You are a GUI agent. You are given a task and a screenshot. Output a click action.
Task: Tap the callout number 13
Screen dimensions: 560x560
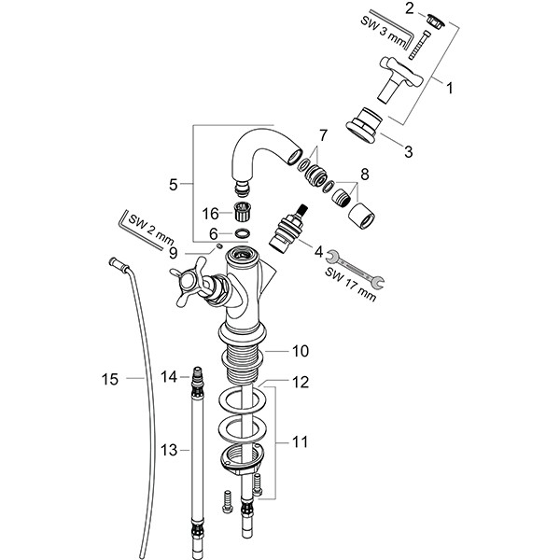tap(168, 451)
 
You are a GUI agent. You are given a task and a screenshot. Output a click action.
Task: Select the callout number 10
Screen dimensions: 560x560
tap(300, 351)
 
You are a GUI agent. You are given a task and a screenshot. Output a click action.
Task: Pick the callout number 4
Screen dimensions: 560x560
tap(318, 250)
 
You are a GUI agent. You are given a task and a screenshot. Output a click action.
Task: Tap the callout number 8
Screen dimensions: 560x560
tap(364, 175)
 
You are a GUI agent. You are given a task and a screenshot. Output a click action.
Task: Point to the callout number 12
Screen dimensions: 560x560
tap(301, 381)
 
